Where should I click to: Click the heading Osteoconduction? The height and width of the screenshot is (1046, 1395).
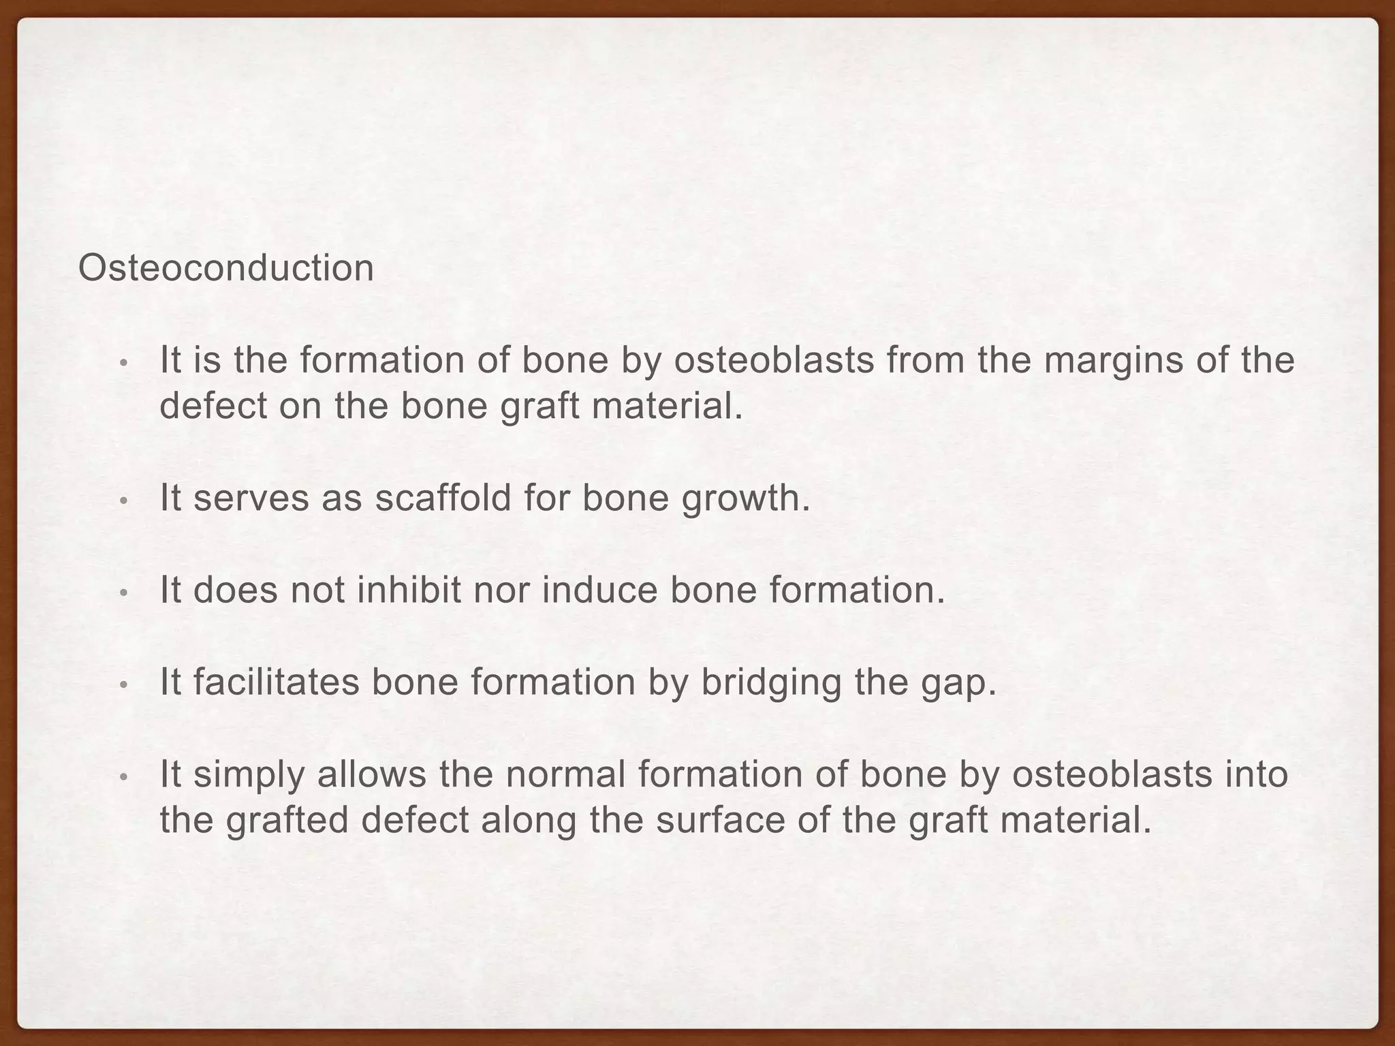pos(226,268)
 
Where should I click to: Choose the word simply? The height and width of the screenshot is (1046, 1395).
pos(248,775)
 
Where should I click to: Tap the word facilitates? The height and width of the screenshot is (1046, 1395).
pos(276,682)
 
